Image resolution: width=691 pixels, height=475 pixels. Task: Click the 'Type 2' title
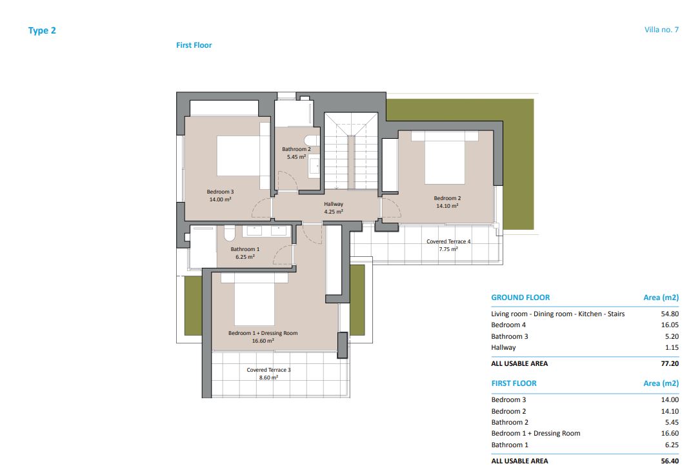(42, 30)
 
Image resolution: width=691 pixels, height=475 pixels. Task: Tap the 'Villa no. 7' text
(661, 30)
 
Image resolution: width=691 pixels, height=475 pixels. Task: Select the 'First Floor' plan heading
(194, 45)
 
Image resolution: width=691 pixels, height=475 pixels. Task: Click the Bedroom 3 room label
(221, 196)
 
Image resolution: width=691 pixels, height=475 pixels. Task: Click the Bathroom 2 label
(297, 153)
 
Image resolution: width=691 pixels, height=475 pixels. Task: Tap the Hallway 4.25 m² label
(334, 208)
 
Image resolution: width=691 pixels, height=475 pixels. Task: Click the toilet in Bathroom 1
(229, 233)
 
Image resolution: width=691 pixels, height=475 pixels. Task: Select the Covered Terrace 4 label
(448, 245)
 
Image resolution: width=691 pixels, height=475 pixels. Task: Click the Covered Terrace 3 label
(269, 374)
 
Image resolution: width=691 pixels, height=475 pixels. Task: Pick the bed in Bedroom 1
(254, 299)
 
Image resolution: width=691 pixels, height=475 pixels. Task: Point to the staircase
(351, 151)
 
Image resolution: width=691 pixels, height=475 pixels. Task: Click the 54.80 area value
(670, 314)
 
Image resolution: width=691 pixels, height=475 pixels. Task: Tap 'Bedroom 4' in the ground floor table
(508, 325)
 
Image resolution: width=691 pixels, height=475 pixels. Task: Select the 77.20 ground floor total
(670, 363)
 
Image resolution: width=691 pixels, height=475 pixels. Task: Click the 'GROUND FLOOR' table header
(521, 298)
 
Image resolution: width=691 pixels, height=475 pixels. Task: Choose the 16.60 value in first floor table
(670, 433)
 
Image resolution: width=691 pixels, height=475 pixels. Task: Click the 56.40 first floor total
(670, 461)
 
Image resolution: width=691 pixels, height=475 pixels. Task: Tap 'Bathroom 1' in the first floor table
(510, 445)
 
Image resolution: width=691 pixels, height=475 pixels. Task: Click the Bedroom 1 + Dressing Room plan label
(263, 337)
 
